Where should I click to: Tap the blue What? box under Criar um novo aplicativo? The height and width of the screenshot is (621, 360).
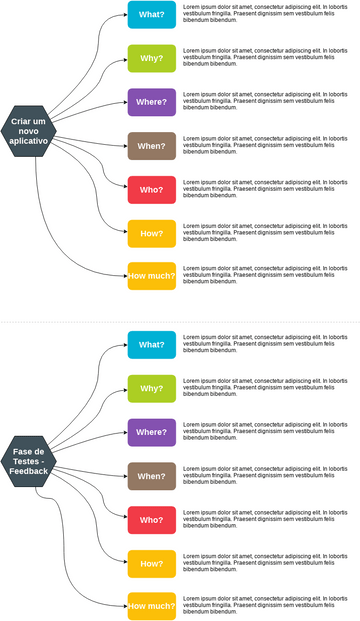tap(152, 15)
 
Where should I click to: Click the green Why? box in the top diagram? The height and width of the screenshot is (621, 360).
tap(152, 59)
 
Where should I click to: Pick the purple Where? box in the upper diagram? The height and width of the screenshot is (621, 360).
tap(152, 102)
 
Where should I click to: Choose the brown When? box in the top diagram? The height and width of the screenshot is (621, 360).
tap(152, 146)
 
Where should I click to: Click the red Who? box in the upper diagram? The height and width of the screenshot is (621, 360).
tap(152, 189)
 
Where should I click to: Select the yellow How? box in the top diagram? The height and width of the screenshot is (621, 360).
tap(152, 233)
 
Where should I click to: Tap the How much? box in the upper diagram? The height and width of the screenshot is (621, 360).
tap(152, 276)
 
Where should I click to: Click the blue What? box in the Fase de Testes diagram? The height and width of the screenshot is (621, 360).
tap(152, 345)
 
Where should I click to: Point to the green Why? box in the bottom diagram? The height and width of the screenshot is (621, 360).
tap(152, 388)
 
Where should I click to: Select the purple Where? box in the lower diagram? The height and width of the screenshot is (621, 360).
tap(152, 432)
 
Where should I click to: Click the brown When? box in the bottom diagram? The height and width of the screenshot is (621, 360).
tap(152, 476)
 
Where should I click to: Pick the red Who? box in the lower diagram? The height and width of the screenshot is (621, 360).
tap(152, 520)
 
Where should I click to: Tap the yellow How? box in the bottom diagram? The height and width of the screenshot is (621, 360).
tap(152, 563)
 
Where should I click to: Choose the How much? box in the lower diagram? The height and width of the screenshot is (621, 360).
tap(152, 606)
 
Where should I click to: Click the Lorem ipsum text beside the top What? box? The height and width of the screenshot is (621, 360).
tap(265, 15)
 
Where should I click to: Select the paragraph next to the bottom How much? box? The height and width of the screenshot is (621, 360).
tap(265, 606)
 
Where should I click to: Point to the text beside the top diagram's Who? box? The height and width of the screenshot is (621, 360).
tap(265, 189)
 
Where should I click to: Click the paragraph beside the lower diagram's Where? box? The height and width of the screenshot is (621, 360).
tap(265, 432)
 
